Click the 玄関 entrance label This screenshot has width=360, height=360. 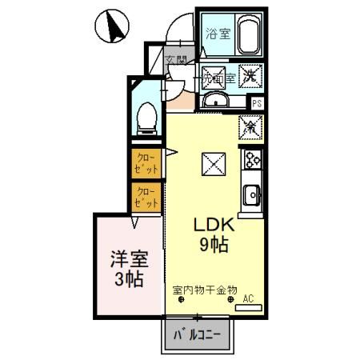click(x=176, y=60)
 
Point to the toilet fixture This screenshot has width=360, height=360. click(x=146, y=118)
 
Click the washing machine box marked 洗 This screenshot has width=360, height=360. click(x=250, y=77)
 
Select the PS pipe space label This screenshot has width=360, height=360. click(x=257, y=102)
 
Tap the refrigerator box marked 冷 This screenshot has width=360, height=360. click(x=250, y=126)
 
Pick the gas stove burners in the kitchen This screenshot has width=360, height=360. click(x=253, y=159)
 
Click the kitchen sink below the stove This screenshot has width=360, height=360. click(x=253, y=194)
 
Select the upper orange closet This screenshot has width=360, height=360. click(x=147, y=163)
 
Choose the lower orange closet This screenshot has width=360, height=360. click(x=146, y=197)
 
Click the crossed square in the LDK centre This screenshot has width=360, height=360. click(x=214, y=165)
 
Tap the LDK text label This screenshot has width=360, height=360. click(x=214, y=226)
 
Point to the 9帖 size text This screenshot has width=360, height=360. click(x=214, y=246)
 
